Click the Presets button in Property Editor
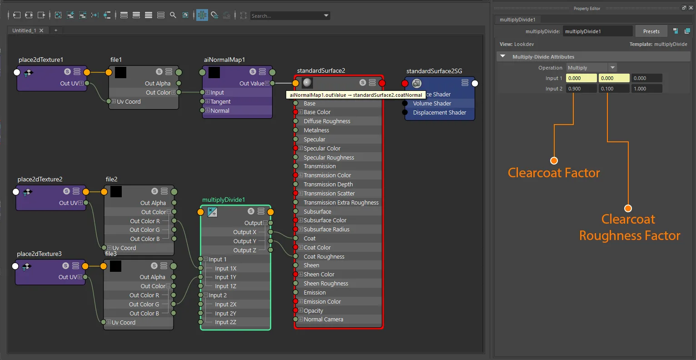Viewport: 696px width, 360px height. coord(651,31)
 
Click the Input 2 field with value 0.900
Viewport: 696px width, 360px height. coord(581,89)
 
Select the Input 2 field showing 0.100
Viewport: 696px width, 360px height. coord(614,89)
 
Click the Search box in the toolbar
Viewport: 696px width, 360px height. coord(289,15)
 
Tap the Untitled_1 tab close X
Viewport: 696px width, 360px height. coord(41,30)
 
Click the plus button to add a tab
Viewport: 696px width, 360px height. coord(55,30)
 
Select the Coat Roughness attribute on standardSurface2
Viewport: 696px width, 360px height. coord(324,256)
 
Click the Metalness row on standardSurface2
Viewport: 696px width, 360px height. coord(316,130)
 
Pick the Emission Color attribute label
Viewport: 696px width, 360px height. coord(322,301)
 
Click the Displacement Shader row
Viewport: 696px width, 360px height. coord(439,113)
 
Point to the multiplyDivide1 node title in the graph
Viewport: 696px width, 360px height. coord(224,200)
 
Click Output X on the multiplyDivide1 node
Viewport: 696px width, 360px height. coord(244,232)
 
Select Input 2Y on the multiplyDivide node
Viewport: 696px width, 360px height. coord(225,313)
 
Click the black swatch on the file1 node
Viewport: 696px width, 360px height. coord(120,72)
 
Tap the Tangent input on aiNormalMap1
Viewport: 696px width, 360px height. coord(220,101)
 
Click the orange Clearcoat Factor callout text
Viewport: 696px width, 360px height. coord(554,173)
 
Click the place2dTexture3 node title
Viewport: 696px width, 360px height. coord(39,254)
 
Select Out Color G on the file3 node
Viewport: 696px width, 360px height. coord(144,305)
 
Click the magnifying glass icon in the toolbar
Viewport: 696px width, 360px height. coord(173,15)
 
